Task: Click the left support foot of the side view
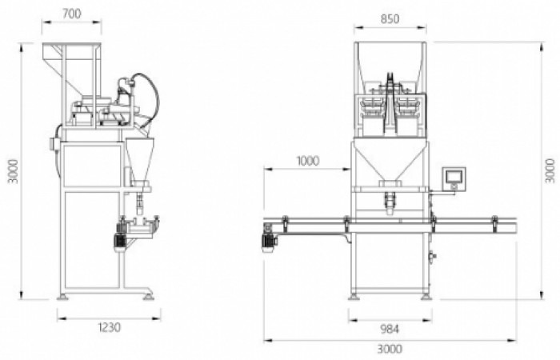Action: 62,298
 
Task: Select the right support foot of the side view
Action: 149,298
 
